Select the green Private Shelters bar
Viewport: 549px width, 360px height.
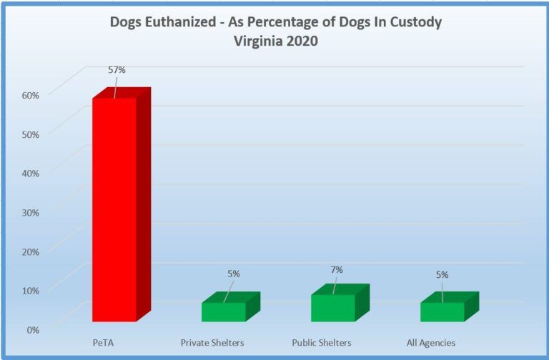[224, 311]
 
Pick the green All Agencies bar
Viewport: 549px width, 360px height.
[442, 311]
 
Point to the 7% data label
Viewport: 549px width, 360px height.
[337, 269]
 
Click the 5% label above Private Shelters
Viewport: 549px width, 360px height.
[234, 274]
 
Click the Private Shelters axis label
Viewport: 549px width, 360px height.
[212, 343]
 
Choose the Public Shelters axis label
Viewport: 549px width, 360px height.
[322, 343]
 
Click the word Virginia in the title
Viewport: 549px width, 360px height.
[256, 41]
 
